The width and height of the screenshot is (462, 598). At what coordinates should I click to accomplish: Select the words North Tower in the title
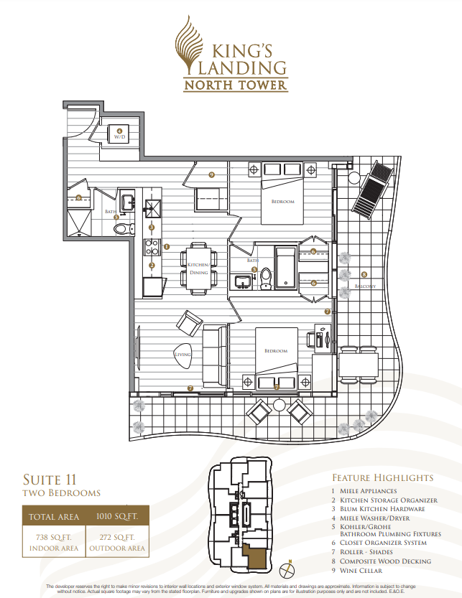[235, 85]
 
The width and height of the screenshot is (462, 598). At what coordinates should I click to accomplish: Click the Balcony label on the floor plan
[364, 286]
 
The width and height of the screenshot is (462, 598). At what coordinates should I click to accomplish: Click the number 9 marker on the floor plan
[211, 174]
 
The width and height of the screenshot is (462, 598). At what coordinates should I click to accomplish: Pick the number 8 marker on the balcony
[364, 274]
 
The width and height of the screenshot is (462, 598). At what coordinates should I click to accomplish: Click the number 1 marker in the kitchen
[167, 246]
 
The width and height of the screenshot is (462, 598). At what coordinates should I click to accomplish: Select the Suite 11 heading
[50, 479]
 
